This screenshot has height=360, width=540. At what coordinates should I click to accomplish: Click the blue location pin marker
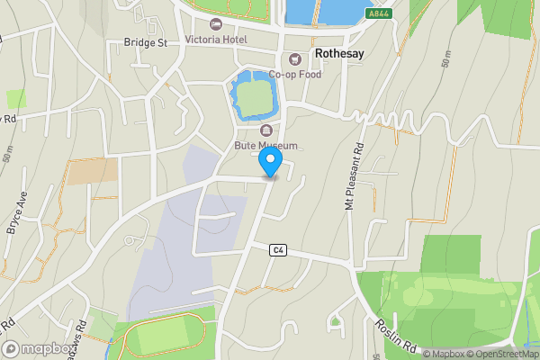coord(270,163)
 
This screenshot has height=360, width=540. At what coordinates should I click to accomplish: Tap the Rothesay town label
coord(341,54)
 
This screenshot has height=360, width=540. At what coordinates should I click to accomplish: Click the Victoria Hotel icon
coord(214,23)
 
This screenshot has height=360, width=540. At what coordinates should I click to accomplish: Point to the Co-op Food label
coord(293,75)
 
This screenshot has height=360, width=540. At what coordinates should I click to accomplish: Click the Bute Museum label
coord(265,144)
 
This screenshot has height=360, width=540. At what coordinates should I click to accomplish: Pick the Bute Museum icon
coord(265,130)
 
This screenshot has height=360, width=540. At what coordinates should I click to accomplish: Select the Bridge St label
coord(146,42)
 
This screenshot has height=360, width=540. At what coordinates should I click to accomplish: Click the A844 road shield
coord(379,14)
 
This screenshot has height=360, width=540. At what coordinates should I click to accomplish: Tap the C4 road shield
coord(276,250)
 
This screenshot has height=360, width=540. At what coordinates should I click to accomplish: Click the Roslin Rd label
coord(397,334)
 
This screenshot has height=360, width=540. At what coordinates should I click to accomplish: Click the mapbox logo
coord(38,348)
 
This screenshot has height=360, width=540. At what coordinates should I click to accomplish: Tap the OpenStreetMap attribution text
coord(499,354)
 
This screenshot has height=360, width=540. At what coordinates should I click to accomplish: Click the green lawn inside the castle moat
coord(256,99)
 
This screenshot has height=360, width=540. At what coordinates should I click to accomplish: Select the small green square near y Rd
coord(16,98)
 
